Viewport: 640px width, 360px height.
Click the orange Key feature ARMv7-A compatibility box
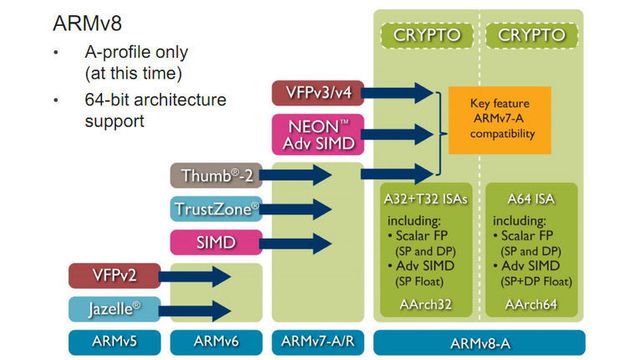(x=499, y=118)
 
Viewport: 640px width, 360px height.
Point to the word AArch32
(x=427, y=304)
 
